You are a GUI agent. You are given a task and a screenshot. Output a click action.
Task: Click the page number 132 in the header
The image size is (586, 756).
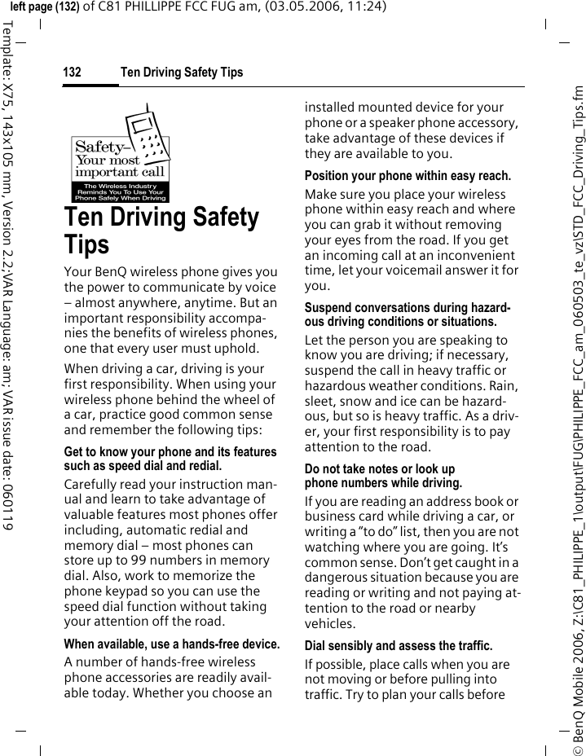point(72,73)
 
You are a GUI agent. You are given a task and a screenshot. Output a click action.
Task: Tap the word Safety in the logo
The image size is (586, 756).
point(99,147)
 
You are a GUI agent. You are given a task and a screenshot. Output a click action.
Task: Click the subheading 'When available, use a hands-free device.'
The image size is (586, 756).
point(171,644)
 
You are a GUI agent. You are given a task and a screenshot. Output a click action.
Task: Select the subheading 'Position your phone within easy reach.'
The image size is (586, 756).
point(408,176)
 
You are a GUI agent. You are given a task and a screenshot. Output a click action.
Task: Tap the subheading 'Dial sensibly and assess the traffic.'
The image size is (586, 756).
point(399,646)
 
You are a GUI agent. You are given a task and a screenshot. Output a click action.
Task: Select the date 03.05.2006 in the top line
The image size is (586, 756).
point(286,7)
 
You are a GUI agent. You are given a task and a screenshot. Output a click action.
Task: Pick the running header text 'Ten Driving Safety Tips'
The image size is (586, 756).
point(182,73)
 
